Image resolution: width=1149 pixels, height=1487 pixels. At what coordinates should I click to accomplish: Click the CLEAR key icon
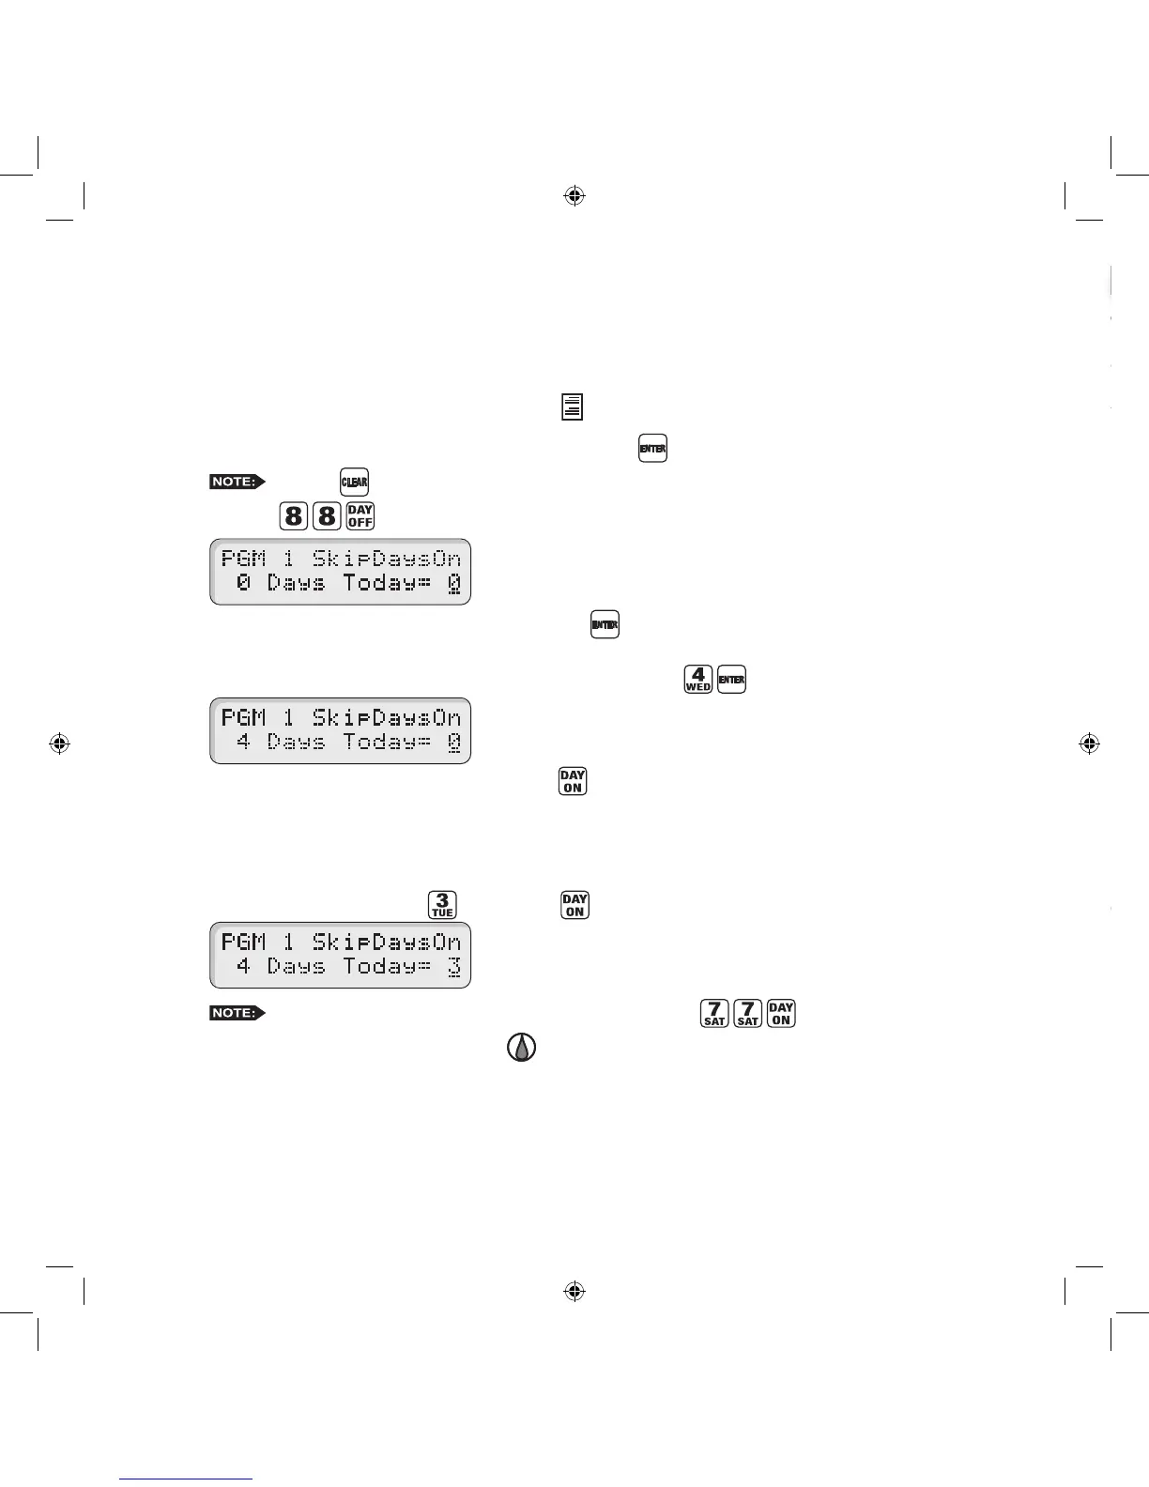pos(354,483)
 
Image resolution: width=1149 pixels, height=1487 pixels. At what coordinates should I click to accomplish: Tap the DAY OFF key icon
pos(360,515)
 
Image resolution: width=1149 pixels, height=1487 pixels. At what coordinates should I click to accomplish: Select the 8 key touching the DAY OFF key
pos(327,515)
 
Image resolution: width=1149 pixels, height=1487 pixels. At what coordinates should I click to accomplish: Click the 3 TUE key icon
pos(442,904)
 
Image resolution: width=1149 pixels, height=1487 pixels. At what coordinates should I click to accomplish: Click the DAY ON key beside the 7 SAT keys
pos(781,1013)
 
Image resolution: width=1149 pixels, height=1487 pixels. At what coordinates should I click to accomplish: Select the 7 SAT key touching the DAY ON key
pos(748,1013)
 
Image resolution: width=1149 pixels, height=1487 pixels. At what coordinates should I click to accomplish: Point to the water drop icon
pos(522,1047)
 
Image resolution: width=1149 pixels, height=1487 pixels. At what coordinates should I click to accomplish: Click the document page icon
pos(573,406)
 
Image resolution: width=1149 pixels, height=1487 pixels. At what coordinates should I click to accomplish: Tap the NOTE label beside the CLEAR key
pos(237,482)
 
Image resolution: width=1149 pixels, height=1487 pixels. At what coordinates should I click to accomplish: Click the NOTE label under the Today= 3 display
pos(237,1013)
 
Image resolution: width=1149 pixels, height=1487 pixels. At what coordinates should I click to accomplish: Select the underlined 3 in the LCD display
pos(454,967)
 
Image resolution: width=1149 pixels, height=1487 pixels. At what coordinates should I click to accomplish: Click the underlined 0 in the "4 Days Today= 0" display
pos(454,743)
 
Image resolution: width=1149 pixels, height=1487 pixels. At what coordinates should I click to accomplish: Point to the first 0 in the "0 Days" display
pos(244,583)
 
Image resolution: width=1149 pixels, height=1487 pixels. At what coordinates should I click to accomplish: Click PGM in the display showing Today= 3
pos(244,942)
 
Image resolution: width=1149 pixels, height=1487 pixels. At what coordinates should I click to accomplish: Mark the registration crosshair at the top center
pos(574,195)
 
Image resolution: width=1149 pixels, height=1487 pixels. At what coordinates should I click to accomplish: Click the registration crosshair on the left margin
pos(59,743)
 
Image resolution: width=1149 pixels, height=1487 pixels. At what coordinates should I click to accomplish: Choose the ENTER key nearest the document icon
pos(652,448)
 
